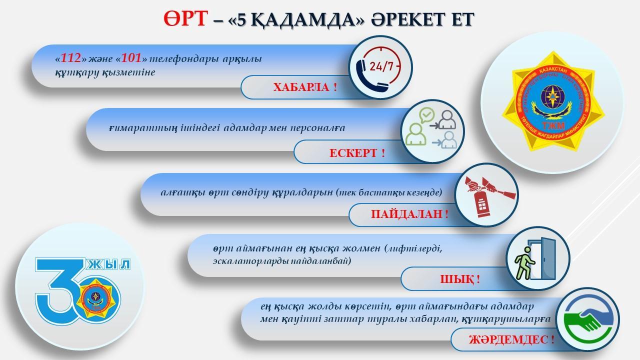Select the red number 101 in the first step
pos(131,58)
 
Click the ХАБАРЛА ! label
pos(305,87)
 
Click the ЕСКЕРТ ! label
pos(357,152)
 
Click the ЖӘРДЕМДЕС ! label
pos(511,340)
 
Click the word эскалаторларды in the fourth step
pos(243,260)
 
